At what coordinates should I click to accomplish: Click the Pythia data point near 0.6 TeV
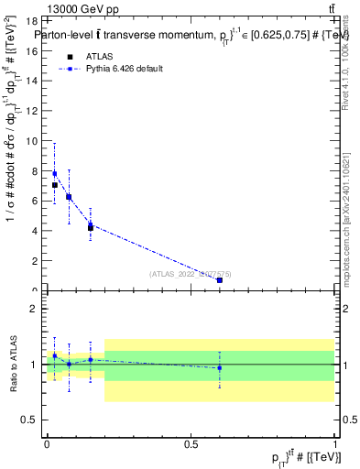[x=220, y=280]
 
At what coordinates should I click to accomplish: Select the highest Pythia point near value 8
[x=55, y=173]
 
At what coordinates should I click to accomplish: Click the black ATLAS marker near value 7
[x=55, y=185]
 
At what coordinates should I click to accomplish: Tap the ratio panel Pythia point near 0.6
[x=220, y=368]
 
